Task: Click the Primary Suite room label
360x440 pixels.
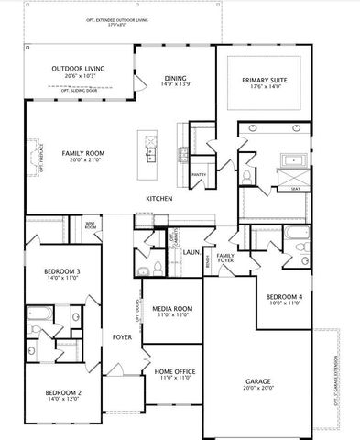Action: (265, 82)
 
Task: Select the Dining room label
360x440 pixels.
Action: (175, 78)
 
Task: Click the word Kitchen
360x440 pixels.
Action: (159, 199)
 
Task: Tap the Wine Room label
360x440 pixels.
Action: (91, 224)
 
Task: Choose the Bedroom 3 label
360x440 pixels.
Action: (62, 272)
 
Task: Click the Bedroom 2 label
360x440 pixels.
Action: (63, 392)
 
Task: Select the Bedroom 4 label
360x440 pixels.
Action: (283, 297)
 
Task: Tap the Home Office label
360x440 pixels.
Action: (171, 371)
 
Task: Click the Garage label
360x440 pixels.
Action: (257, 380)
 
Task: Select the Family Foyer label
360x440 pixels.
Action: (225, 258)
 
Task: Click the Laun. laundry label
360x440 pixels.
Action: (191, 251)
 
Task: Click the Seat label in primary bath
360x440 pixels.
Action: (295, 190)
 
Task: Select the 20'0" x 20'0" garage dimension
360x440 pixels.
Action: (257, 388)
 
